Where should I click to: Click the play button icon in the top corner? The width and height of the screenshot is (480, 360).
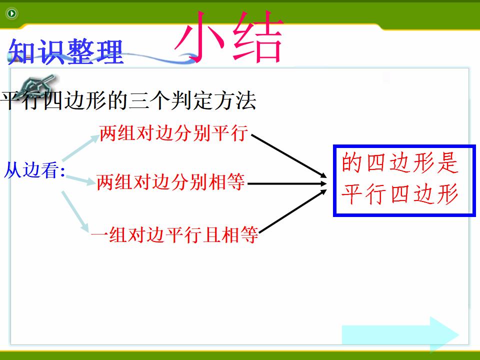click(x=12, y=13)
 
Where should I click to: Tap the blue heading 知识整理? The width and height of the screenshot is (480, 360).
click(x=65, y=51)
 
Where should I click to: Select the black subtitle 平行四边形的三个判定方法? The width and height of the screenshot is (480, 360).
click(x=128, y=100)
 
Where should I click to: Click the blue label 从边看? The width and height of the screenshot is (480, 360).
click(x=34, y=170)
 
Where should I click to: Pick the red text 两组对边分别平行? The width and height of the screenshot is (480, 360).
click(x=173, y=133)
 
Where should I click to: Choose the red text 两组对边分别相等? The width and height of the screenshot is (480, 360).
click(x=170, y=182)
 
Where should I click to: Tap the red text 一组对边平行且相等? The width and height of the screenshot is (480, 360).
click(x=174, y=235)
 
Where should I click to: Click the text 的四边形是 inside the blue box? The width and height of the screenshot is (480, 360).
click(x=399, y=162)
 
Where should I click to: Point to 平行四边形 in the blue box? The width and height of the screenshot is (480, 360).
click(x=399, y=194)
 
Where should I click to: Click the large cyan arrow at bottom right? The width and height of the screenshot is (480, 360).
click(x=400, y=334)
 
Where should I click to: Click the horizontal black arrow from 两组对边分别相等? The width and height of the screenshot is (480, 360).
click(x=287, y=183)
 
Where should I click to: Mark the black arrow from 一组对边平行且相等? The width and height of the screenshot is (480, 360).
click(x=293, y=211)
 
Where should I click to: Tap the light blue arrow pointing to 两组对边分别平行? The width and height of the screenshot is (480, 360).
click(x=81, y=148)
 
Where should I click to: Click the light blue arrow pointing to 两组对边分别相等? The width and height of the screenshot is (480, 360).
click(x=80, y=180)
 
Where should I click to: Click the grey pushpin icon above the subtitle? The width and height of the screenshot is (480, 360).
click(x=36, y=84)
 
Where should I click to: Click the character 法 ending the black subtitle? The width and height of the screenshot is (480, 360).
click(x=246, y=100)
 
